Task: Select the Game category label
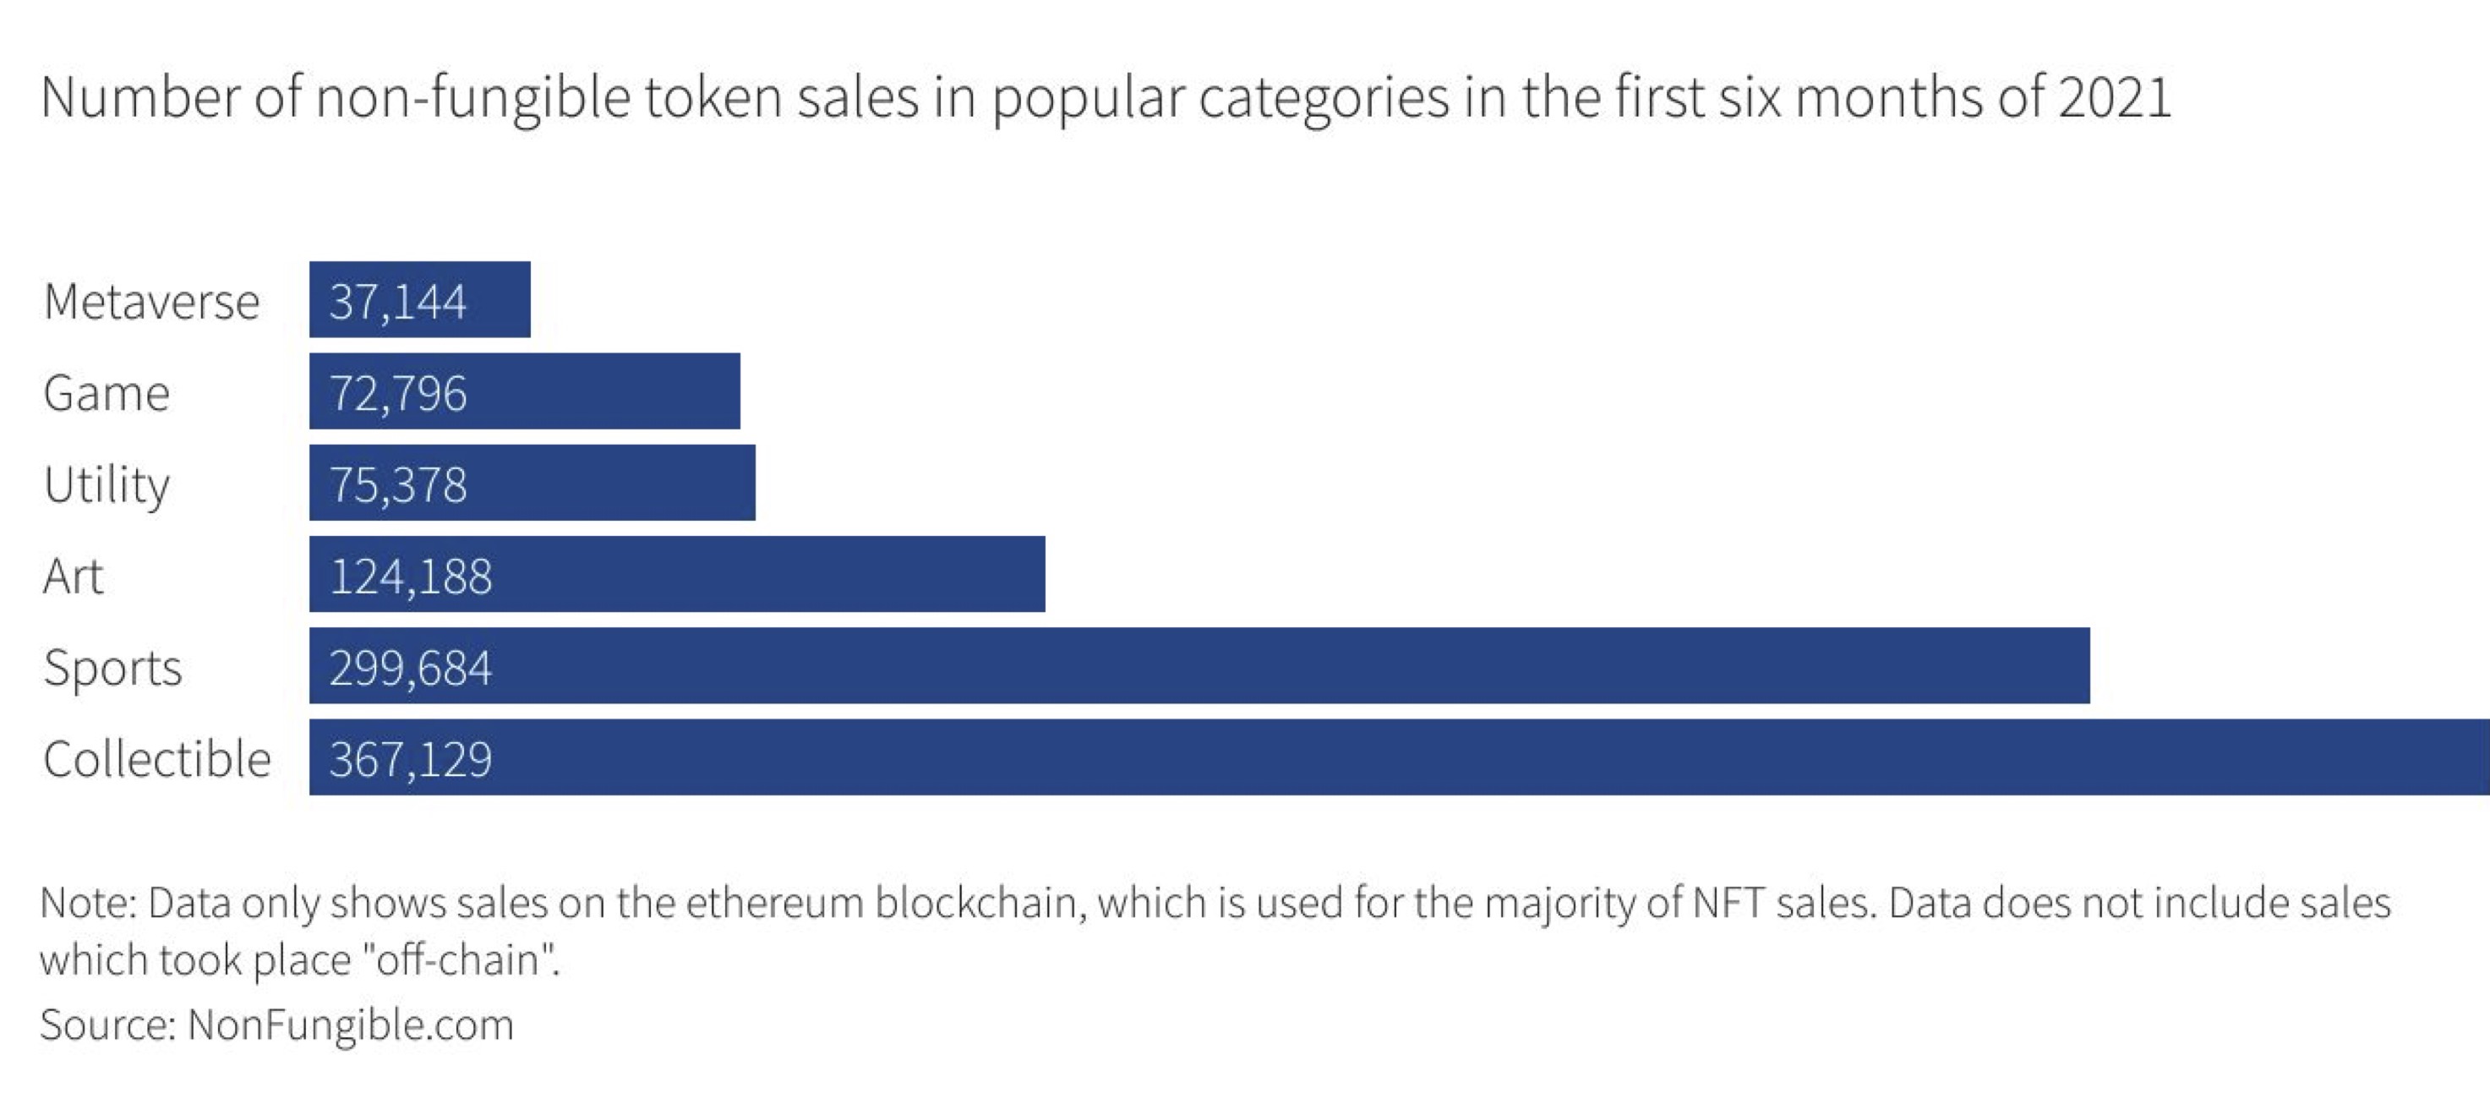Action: click(x=106, y=392)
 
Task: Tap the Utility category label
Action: click(x=106, y=485)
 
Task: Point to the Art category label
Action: click(x=73, y=576)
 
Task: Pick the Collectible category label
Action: click(x=156, y=757)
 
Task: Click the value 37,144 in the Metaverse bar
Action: click(x=397, y=302)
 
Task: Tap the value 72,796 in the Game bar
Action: click(x=397, y=393)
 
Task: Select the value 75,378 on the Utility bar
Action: click(x=397, y=484)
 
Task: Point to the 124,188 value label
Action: click(x=410, y=576)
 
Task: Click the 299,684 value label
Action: click(x=410, y=668)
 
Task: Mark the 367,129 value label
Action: click(x=410, y=758)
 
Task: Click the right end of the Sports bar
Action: click(x=2089, y=666)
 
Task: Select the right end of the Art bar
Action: click(x=1044, y=574)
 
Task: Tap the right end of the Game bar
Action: click(x=740, y=391)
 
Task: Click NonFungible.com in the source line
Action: click(x=351, y=1025)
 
